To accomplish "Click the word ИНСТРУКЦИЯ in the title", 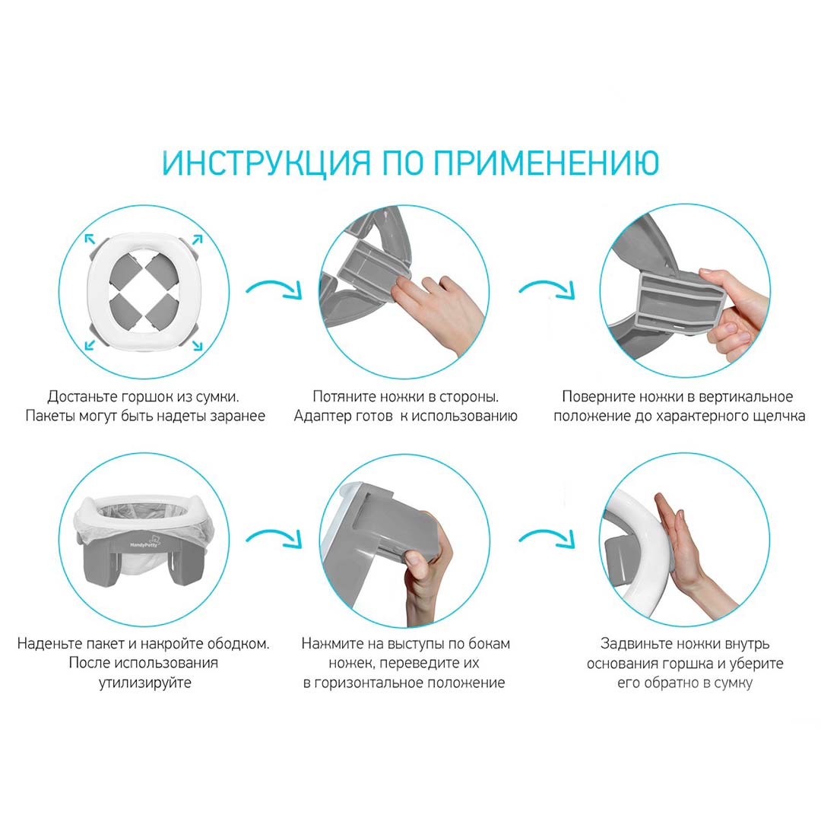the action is pyautogui.click(x=267, y=163).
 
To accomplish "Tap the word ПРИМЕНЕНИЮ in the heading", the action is pyautogui.click(x=546, y=163).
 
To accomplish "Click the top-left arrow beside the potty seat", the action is pyautogui.click(x=90, y=239).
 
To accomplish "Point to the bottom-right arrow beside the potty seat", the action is pyautogui.click(x=197, y=345).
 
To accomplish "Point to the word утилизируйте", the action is pyautogui.click(x=145, y=683).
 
